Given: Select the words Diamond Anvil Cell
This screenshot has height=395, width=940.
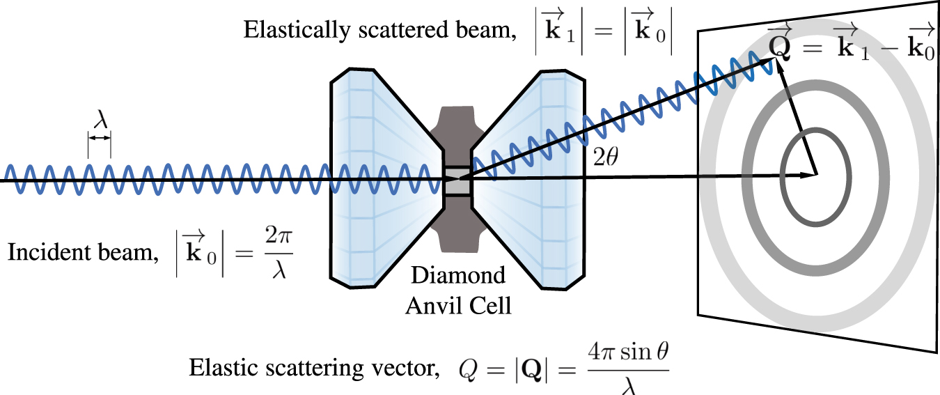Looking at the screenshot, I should coord(457,291).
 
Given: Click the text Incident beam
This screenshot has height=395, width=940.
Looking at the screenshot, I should coord(80,253).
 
